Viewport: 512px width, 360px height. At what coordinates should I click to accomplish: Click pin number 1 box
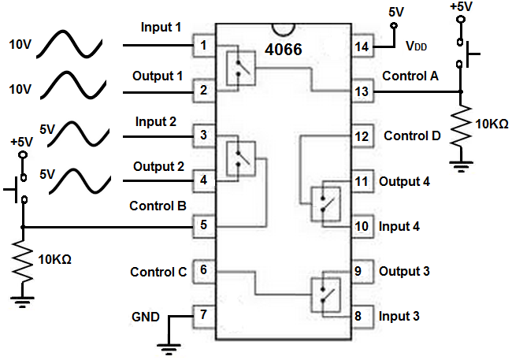(x=204, y=46)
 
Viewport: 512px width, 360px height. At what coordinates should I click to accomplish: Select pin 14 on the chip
(x=362, y=46)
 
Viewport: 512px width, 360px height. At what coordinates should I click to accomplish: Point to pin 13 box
(x=362, y=91)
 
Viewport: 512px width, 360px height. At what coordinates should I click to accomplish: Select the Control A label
(x=411, y=76)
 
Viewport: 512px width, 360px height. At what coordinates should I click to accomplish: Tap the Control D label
(x=412, y=135)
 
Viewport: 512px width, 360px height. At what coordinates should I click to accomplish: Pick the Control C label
(x=158, y=272)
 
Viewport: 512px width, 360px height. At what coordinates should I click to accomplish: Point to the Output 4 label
(x=404, y=181)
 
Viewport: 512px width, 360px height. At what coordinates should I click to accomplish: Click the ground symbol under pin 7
(x=167, y=344)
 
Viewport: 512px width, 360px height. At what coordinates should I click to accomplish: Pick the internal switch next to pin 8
(x=326, y=295)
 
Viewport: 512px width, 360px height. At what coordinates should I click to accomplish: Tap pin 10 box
(x=362, y=226)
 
